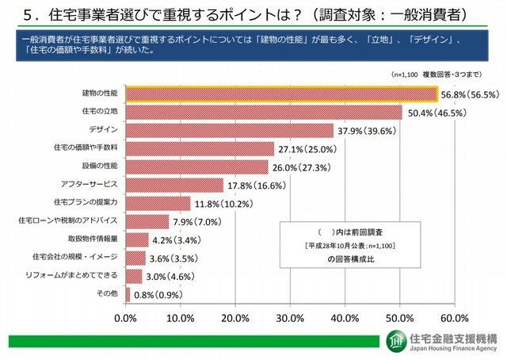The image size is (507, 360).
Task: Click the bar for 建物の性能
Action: tap(281, 94)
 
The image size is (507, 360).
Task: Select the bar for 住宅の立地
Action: tap(264, 112)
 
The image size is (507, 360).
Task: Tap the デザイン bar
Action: tap(229, 130)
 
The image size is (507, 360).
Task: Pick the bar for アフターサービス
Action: tap(174, 185)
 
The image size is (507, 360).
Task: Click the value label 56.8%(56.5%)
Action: tap(469, 94)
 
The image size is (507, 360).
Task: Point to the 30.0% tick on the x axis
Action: tap(291, 318)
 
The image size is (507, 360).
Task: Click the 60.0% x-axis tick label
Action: tap(456, 318)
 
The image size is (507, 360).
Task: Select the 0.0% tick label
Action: tap(126, 318)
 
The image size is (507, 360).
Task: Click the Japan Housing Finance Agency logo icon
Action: tap(395, 341)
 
